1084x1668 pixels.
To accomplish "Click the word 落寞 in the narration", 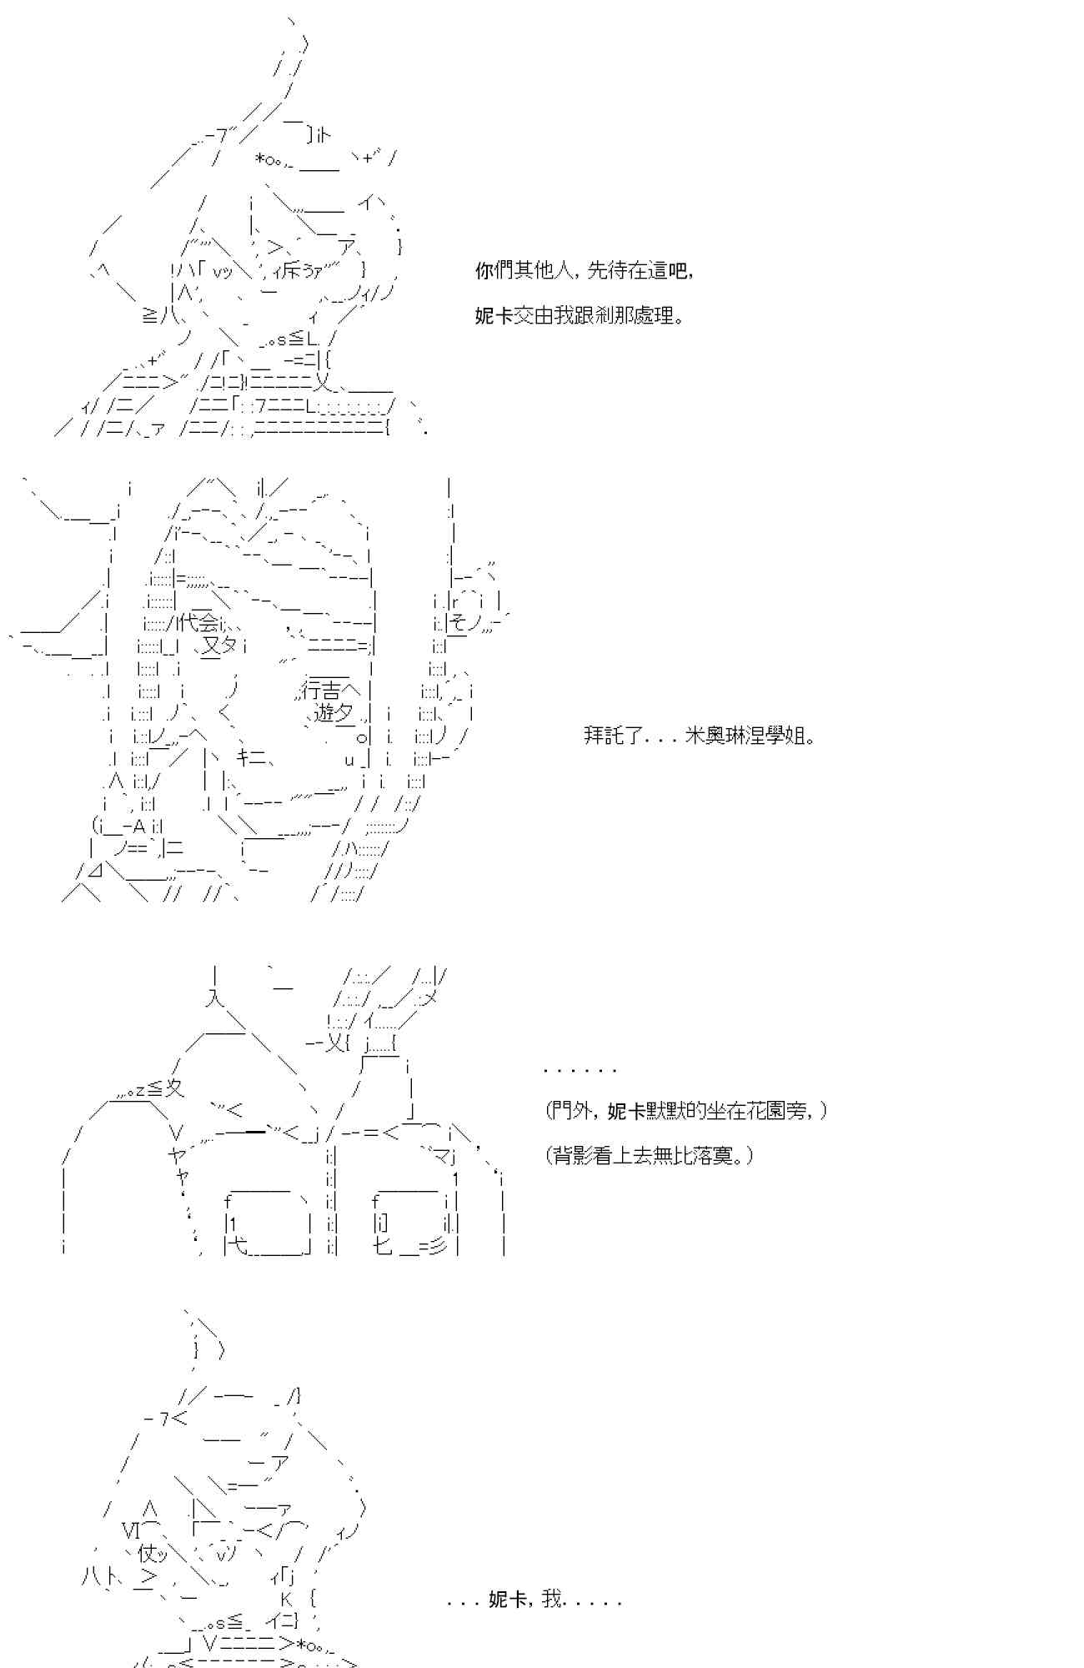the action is [725, 1156].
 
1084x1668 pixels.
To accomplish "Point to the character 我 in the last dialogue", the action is [551, 1599].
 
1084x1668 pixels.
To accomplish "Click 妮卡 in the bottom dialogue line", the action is [507, 1599].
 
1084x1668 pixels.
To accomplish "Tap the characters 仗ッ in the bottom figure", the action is [153, 1553].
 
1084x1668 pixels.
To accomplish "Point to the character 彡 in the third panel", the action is [439, 1248].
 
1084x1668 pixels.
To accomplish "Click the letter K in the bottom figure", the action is [286, 1599].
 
